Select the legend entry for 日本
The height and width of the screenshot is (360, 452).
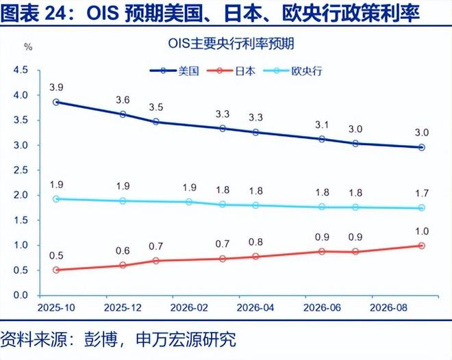pyautogui.click(x=244, y=70)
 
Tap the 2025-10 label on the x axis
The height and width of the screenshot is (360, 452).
pyautogui.click(x=56, y=309)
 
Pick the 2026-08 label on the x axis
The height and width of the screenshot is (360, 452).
pyautogui.click(x=389, y=309)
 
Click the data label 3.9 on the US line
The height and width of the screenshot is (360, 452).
pyautogui.click(x=56, y=88)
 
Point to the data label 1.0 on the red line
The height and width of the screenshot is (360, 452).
pyautogui.click(x=422, y=231)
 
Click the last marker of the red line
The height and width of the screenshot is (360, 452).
pyautogui.click(x=422, y=246)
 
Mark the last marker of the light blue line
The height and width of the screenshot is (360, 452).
pyautogui.click(x=422, y=208)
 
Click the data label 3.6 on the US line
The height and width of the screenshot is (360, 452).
pyautogui.click(x=123, y=100)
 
